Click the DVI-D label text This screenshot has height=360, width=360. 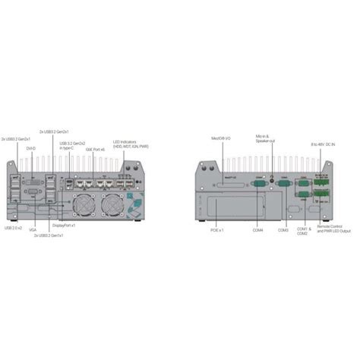(x=30, y=149)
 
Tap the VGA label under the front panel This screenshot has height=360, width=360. (x=32, y=228)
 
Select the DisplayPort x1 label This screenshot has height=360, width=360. (x=64, y=226)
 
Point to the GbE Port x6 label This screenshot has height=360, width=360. (x=93, y=150)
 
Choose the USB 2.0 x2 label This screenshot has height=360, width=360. (x=14, y=227)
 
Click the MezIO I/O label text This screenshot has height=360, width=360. (x=223, y=139)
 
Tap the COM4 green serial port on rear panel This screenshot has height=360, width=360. (x=257, y=183)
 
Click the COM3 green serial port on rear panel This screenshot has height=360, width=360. (x=283, y=183)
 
